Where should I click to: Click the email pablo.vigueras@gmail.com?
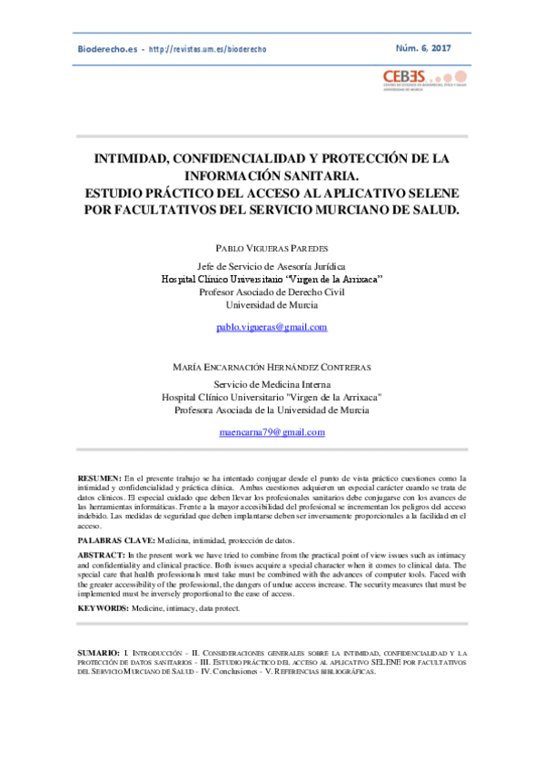coord(271,327)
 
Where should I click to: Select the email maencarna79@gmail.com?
coord(271,432)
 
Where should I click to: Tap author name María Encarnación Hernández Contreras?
coord(271,367)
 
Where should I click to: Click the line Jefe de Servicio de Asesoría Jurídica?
coord(271,266)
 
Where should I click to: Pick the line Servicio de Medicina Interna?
coord(271,385)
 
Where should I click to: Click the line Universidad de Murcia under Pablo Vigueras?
coord(271,305)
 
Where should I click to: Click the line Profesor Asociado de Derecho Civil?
coord(271,292)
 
